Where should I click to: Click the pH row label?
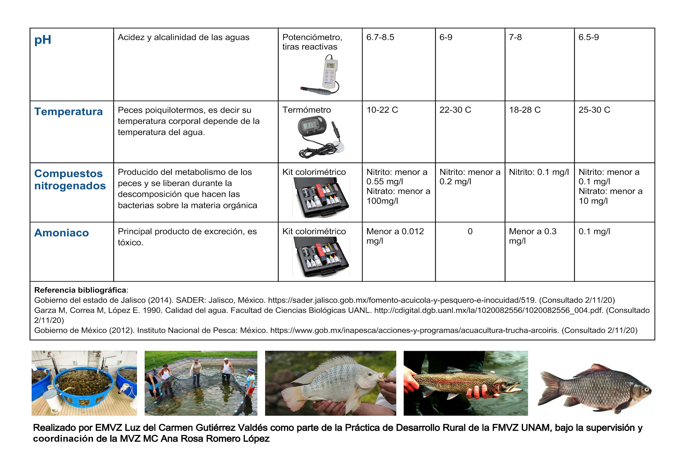point(43,40)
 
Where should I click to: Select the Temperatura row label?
point(68,111)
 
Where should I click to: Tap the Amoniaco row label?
point(61,233)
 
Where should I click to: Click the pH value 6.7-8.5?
point(380,37)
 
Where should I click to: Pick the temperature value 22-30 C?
point(455,110)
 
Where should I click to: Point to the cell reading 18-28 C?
point(524,110)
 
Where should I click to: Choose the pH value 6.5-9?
point(588,37)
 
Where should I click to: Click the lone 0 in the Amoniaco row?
point(470,231)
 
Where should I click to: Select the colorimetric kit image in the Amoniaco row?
point(321,257)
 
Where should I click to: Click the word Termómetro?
point(307,110)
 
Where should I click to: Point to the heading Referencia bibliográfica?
point(80,290)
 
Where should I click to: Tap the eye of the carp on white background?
point(646,389)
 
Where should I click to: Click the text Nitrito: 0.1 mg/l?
point(539,172)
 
